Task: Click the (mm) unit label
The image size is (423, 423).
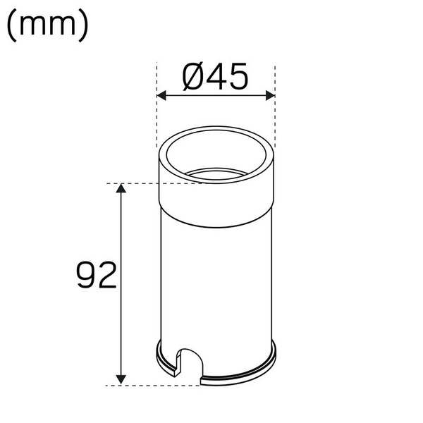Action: click(x=47, y=26)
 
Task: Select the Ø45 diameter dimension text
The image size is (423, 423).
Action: click(x=216, y=77)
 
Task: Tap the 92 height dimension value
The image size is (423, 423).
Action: click(x=96, y=276)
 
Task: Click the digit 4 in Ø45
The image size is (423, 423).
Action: click(x=216, y=77)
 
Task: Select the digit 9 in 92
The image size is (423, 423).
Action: click(x=86, y=276)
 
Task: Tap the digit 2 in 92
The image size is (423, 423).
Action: click(x=106, y=276)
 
